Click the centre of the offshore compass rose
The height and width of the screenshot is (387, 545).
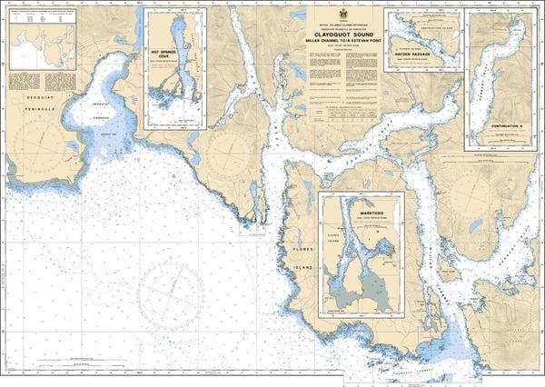pyautogui.click(x=170, y=298)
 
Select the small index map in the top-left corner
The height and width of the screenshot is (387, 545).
pyautogui.click(x=41, y=46)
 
